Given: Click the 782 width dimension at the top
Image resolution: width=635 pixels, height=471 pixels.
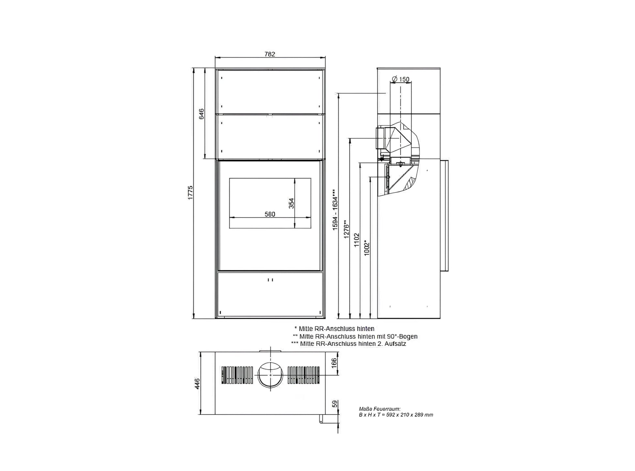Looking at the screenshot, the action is pos(270,54).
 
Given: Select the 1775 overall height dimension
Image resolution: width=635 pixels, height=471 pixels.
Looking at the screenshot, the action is pos(191,193).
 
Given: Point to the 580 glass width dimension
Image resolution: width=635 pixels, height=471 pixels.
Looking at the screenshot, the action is pos(270,214).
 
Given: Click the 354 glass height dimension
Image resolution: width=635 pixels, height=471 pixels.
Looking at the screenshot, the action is pos(291,203).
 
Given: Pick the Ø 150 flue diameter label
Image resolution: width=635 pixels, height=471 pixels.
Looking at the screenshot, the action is pos(400,79).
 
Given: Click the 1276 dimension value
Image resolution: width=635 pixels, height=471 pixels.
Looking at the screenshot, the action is pos(347,229).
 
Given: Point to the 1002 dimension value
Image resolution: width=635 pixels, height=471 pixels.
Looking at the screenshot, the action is pos(367,248).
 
